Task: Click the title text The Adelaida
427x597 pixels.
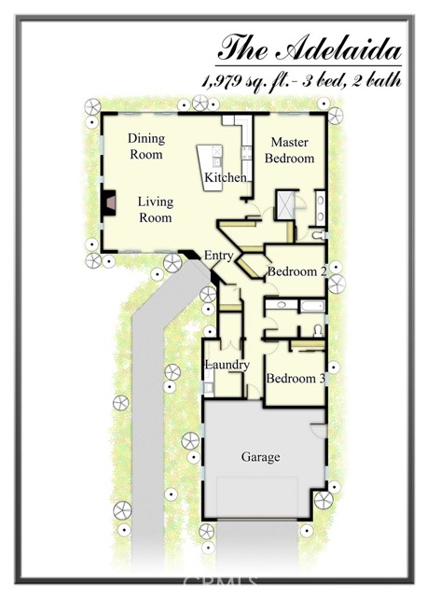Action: pyautogui.click(x=310, y=48)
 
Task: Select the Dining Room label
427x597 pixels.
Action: pyautogui.click(x=146, y=146)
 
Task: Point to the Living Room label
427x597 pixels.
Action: pyautogui.click(x=156, y=209)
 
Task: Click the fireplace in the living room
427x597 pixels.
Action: pyautogui.click(x=109, y=202)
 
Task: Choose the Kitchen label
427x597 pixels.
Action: pyautogui.click(x=226, y=177)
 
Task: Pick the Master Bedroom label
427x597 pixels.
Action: pyautogui.click(x=290, y=150)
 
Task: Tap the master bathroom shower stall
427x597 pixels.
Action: pyautogui.click(x=285, y=205)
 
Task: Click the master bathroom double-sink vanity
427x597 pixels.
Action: pyautogui.click(x=320, y=209)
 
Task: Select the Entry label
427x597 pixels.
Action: pyautogui.click(x=218, y=255)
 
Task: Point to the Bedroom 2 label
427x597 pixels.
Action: pyautogui.click(x=297, y=271)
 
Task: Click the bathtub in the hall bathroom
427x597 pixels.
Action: pyautogui.click(x=312, y=306)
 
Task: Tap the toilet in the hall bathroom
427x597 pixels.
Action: pyautogui.click(x=318, y=331)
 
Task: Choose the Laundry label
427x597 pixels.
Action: pyautogui.click(x=227, y=365)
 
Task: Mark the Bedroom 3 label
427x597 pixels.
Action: pyautogui.click(x=296, y=379)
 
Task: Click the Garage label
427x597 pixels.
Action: pyautogui.click(x=261, y=457)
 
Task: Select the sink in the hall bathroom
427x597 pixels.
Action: pyautogui.click(x=281, y=305)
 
